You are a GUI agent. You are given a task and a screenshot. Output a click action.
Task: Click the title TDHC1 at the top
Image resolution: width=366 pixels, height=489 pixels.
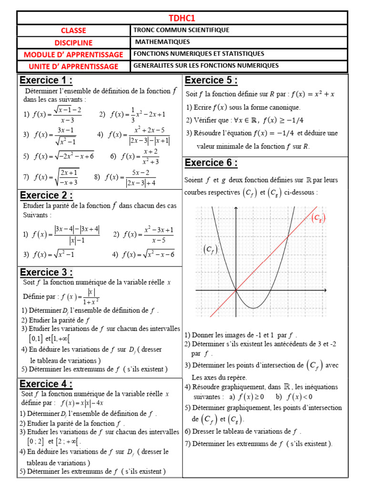click(x=182, y=18)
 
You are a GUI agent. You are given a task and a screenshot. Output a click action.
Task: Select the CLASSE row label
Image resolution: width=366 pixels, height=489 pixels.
click(x=73, y=31)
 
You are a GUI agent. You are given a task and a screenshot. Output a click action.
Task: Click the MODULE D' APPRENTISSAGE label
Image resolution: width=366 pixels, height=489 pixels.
click(x=73, y=54)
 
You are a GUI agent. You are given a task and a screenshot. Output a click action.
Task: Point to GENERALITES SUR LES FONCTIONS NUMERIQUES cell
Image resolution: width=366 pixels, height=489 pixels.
click(x=205, y=65)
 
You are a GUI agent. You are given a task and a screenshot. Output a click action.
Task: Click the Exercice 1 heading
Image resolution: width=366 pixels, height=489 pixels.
click(x=46, y=80)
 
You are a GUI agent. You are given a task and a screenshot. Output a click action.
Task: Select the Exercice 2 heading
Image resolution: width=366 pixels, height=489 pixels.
click(x=46, y=195)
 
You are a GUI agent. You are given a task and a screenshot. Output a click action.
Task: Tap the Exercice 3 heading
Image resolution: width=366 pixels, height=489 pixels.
click(x=46, y=272)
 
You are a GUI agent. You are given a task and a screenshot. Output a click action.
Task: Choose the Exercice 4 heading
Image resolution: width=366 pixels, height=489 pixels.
click(x=46, y=384)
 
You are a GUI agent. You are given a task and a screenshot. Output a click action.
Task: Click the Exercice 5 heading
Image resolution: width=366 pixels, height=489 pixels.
click(x=211, y=80)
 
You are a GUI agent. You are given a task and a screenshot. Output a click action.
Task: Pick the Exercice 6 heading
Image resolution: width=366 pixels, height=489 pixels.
click(x=211, y=163)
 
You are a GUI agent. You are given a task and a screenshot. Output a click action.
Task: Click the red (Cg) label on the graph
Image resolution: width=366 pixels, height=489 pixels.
click(x=318, y=218)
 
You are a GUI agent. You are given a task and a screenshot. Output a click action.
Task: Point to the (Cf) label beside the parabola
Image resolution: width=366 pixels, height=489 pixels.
click(x=210, y=249)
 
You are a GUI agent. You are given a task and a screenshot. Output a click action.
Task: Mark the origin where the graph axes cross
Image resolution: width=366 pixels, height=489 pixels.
click(x=236, y=290)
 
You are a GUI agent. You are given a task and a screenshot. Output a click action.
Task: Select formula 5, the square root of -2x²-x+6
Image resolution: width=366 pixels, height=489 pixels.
click(x=59, y=156)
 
